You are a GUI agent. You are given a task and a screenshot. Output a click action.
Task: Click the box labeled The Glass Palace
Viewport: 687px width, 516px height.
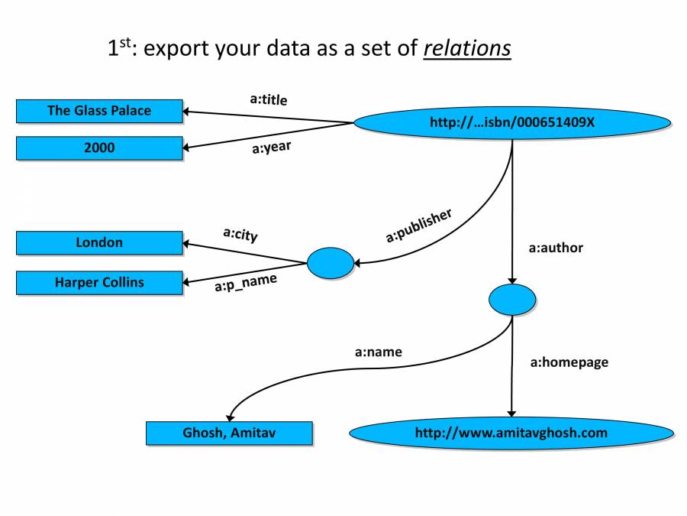[x=99, y=111]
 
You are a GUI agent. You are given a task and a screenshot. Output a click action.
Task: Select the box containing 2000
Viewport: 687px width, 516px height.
[x=99, y=148]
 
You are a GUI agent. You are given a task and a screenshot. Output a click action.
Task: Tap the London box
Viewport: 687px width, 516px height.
[x=99, y=242]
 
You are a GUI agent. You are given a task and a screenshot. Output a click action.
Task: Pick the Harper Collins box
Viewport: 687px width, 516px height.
[x=99, y=282]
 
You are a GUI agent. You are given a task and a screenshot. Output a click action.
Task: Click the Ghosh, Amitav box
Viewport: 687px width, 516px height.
[x=229, y=433]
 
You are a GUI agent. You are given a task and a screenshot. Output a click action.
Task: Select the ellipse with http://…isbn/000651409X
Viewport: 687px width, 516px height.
[x=511, y=122]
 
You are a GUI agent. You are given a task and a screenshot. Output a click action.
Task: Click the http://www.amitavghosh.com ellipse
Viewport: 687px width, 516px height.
[x=511, y=433]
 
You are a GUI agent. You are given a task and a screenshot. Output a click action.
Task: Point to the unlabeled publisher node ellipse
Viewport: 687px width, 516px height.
[x=330, y=264]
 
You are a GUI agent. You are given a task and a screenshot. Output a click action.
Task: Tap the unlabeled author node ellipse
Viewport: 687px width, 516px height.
[x=511, y=299]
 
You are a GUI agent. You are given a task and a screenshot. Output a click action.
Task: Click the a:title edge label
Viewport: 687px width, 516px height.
[x=269, y=99]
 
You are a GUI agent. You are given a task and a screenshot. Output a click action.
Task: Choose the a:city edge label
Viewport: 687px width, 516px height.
[x=240, y=234]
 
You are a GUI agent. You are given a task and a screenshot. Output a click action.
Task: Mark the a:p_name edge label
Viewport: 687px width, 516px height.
[x=245, y=284]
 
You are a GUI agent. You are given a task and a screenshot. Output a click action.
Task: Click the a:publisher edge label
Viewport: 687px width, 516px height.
[x=418, y=226]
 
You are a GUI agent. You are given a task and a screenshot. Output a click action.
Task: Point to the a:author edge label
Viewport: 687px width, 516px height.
[x=556, y=248]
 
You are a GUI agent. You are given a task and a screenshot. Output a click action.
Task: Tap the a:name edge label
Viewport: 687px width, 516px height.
[x=378, y=352]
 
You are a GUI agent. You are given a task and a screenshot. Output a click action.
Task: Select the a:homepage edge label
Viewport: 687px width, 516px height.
[x=569, y=362]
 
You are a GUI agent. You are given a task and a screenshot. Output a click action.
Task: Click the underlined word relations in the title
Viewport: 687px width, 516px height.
[x=467, y=49]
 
